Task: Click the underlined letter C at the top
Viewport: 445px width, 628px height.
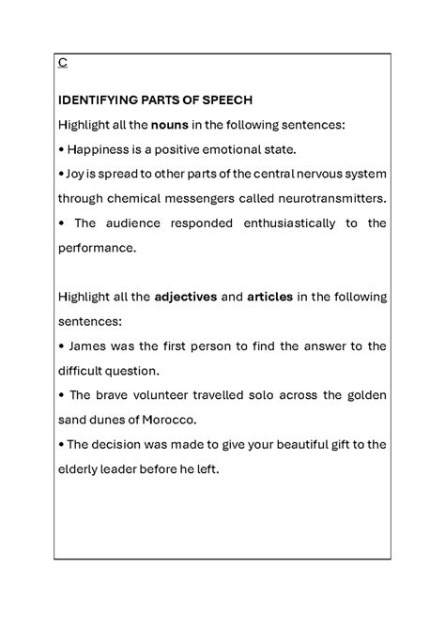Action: (62, 64)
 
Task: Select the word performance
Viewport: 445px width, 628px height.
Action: (96, 248)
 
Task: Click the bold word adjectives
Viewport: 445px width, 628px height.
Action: (180, 297)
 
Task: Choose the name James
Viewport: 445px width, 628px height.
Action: (87, 345)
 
